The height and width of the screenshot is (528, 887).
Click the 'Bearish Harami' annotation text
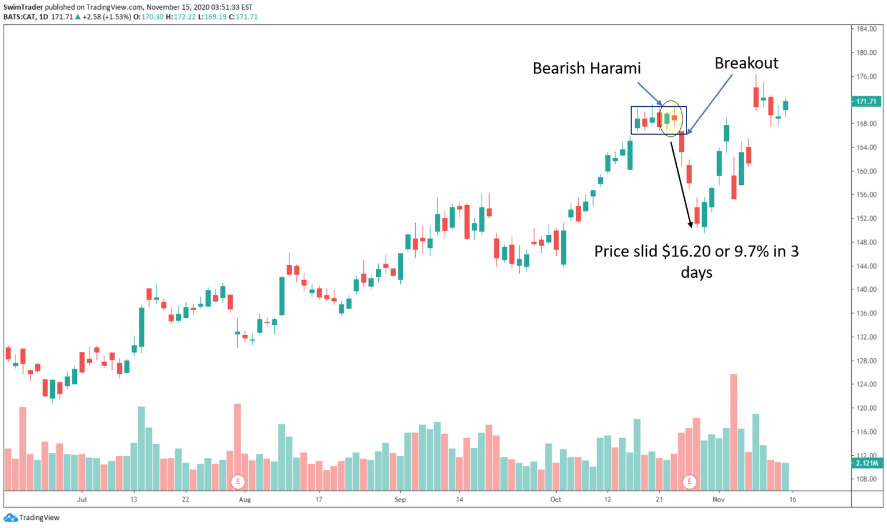586,68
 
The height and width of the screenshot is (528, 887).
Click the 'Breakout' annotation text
746,63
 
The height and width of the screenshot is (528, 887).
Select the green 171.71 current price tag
866,102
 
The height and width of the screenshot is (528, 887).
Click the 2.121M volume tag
866,463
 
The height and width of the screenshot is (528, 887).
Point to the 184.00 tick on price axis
866,29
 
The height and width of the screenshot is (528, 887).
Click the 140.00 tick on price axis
866,289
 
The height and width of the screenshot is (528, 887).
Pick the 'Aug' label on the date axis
245,500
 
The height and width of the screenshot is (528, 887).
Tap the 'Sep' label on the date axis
400,500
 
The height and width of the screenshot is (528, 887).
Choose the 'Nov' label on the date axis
718,500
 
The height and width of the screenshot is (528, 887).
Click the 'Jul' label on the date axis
82,500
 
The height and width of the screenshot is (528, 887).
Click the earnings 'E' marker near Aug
237,481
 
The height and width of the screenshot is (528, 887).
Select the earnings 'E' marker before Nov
689,481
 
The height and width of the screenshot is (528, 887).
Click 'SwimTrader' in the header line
23,7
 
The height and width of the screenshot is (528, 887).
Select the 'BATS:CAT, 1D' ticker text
25,17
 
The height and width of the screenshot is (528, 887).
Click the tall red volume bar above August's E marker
237,436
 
